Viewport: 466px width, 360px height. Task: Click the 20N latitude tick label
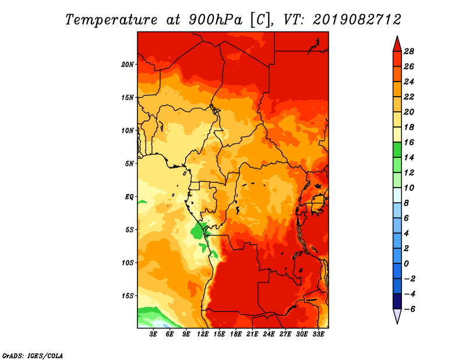pos(128,64)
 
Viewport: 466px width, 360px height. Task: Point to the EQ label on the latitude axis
pos(129,196)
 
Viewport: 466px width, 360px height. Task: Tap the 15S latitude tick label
pos(128,295)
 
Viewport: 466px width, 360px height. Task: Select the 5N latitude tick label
pos(129,163)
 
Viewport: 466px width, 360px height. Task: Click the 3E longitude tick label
pos(154,334)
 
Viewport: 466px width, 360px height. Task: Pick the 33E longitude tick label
pos(318,334)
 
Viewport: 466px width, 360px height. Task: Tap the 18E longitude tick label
pos(236,334)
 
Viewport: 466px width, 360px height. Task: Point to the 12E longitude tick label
pos(203,334)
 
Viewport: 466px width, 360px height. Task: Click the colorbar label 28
pos(409,51)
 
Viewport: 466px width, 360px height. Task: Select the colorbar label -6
pos(409,309)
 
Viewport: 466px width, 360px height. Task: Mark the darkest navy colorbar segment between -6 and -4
pos(396,302)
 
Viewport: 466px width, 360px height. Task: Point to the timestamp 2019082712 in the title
pos(356,19)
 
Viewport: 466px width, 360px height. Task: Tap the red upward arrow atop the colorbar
pos(396,43)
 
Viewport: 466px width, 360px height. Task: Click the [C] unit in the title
pos(260,19)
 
